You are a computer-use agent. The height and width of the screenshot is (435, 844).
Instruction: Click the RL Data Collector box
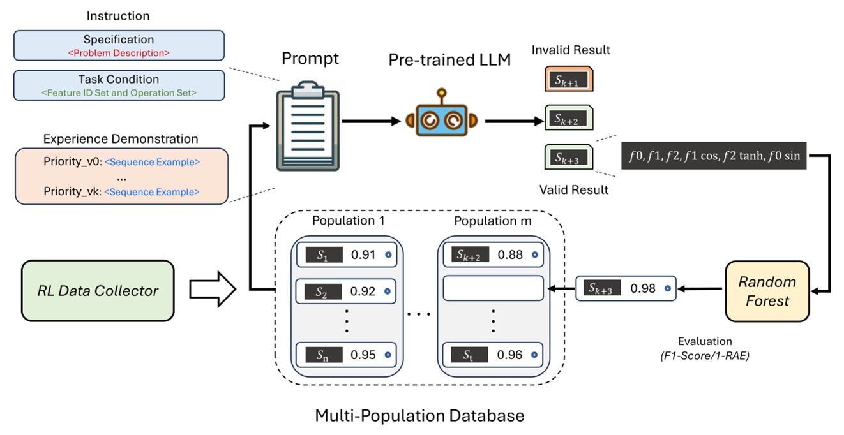(98, 291)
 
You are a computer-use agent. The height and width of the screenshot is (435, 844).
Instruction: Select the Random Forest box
(767, 291)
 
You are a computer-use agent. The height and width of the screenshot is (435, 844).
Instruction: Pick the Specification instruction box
(119, 45)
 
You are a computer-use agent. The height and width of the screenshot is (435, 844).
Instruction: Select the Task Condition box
(119, 85)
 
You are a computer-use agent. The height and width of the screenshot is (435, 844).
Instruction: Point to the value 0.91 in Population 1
(364, 254)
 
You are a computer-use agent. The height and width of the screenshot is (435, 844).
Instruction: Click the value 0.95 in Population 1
(364, 355)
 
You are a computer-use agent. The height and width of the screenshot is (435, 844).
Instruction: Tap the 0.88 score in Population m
(510, 254)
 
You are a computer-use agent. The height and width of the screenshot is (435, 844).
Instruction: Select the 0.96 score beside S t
(510, 355)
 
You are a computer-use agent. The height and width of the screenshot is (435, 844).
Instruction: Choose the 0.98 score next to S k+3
(643, 289)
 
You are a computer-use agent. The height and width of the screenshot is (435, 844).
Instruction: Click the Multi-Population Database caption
(419, 416)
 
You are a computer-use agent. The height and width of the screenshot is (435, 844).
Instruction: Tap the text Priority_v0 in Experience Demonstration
(72, 162)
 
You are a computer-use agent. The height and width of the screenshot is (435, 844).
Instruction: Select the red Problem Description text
(119, 53)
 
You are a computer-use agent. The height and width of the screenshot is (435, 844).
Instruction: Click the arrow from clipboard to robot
(370, 121)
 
